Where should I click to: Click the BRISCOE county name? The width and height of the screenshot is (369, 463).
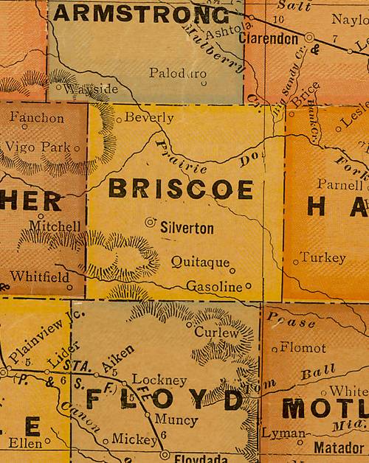181,189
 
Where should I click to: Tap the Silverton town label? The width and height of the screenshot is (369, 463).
187,229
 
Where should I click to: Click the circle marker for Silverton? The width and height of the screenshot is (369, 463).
151,221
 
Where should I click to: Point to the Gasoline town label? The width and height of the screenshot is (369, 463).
214,285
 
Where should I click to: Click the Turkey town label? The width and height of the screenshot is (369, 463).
323,258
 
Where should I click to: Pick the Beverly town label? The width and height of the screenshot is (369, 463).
149,117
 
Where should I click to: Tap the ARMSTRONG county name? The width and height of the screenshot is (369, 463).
141,13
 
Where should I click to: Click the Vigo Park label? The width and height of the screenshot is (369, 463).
38,147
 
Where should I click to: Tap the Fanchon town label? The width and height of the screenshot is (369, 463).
37,117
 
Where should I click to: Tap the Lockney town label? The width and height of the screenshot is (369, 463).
159,380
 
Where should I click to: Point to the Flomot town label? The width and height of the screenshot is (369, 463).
303,347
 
